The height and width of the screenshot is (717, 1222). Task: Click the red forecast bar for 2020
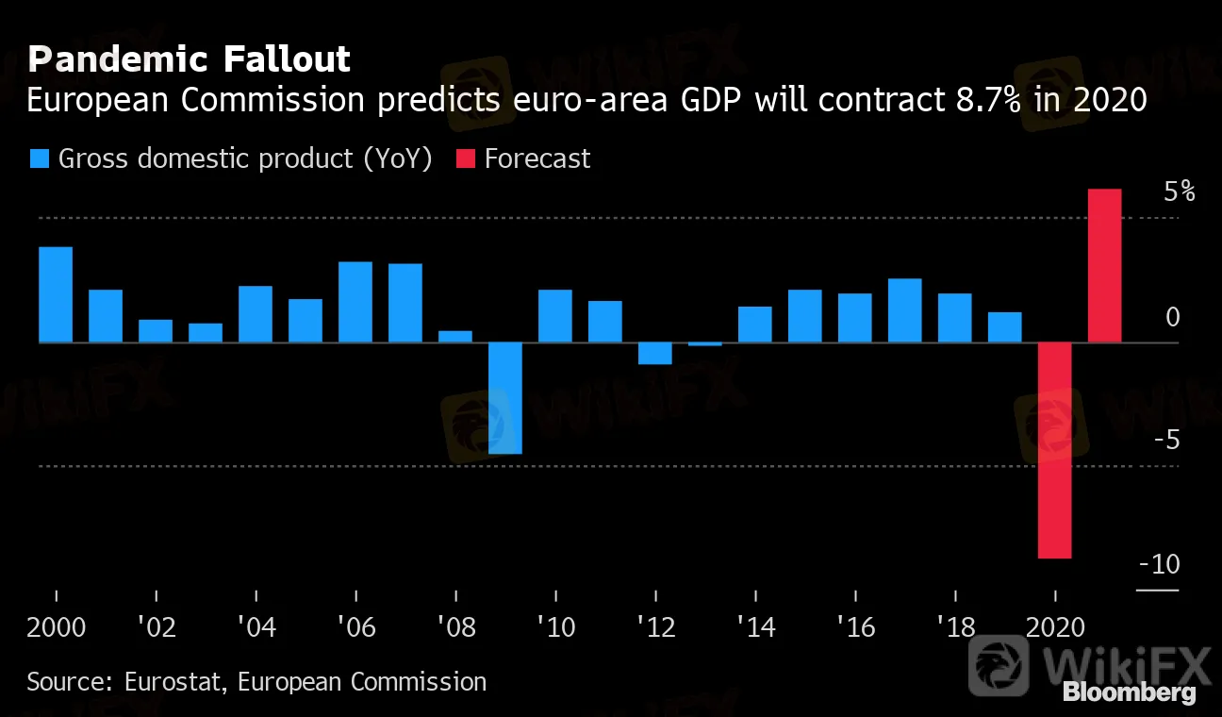click(x=1054, y=450)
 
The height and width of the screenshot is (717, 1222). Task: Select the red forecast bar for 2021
click(x=1104, y=266)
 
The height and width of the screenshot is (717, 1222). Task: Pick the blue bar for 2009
click(x=504, y=397)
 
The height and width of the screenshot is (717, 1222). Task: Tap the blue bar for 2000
click(x=56, y=294)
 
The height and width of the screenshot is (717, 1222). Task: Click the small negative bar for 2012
click(x=654, y=353)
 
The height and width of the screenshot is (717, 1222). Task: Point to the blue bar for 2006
click(x=355, y=302)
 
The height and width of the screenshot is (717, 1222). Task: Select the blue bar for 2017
click(x=904, y=310)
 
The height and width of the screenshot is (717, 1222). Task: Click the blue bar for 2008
click(x=455, y=336)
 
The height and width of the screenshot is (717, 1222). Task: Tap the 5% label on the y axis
click(x=1179, y=192)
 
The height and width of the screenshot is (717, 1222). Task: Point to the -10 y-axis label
click(x=1159, y=564)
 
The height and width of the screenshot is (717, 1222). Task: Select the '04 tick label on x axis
click(x=256, y=627)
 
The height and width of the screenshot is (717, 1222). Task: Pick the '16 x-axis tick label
click(x=855, y=627)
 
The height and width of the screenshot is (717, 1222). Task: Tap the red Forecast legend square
click(x=466, y=158)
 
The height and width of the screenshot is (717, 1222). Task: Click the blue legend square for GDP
click(x=40, y=158)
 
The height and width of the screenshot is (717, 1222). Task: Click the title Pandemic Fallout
click(x=189, y=59)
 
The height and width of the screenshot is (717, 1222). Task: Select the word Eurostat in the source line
click(x=174, y=681)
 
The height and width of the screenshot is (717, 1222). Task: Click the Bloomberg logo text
click(x=1129, y=693)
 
